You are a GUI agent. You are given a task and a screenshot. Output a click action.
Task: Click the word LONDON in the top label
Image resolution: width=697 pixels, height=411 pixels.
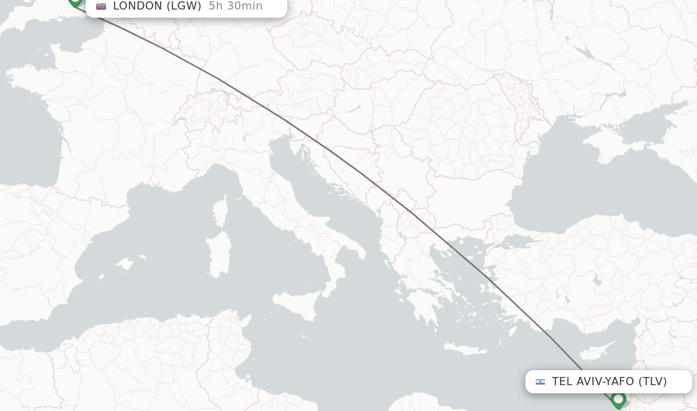tap(137, 6)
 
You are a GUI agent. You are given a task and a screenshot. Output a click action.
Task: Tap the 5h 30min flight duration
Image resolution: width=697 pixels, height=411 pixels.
tap(236, 6)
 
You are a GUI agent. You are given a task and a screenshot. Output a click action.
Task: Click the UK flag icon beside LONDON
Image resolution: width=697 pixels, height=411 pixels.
tap(101, 6)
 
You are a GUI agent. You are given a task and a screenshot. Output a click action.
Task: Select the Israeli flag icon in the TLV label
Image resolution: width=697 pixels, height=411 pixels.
tap(540, 382)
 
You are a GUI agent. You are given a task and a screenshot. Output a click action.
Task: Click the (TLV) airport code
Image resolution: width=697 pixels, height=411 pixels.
tap(652, 381)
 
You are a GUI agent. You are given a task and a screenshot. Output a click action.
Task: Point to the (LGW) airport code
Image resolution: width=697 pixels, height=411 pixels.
tap(184, 6)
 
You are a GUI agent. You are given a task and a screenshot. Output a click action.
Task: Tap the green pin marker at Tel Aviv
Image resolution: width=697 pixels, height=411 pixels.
tap(618, 399)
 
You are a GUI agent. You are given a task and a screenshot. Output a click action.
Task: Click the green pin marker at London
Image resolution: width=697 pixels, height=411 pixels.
tap(75, 1)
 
